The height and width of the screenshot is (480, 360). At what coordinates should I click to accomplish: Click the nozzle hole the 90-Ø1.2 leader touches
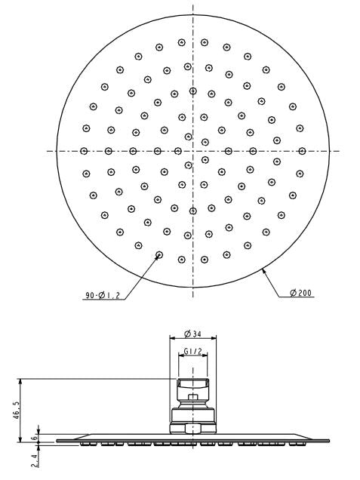click(x=158, y=255)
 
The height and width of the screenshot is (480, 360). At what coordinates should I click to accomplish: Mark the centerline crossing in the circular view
click(x=192, y=150)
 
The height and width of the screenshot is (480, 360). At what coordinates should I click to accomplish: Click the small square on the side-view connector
click(x=192, y=398)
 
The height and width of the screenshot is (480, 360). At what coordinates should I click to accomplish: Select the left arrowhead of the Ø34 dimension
click(x=170, y=339)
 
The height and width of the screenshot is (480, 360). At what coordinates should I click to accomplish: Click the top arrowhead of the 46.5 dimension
click(x=21, y=380)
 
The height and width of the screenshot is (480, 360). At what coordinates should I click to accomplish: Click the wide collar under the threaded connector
click(x=192, y=418)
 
